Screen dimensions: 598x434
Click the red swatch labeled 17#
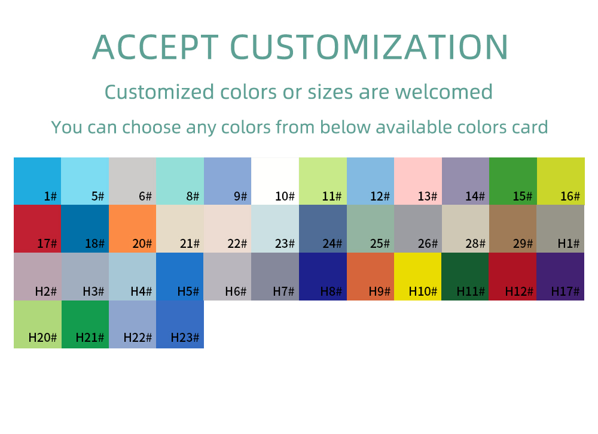point(37,229)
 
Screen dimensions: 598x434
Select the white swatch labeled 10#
point(275,181)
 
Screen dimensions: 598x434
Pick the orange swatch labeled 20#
point(132,229)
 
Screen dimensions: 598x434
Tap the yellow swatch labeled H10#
point(417,277)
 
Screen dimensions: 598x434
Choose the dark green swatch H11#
point(465,277)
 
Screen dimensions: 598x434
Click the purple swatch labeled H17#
point(560,277)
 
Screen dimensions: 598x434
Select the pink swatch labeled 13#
point(418,181)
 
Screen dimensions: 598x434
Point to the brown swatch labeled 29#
point(513,229)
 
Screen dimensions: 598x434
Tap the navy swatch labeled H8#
point(323,277)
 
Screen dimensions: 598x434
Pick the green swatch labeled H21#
point(85,324)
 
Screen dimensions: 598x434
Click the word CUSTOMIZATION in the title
point(369,47)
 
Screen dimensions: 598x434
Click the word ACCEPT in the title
point(155,47)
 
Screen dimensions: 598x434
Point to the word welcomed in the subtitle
point(444,92)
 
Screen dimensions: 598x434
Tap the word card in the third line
point(530,127)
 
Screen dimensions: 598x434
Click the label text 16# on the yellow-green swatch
point(570,196)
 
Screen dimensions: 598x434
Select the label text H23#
point(185,338)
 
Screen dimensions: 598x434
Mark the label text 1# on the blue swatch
point(50,196)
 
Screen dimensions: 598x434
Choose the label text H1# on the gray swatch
point(569,244)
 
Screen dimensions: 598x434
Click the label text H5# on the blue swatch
point(188,292)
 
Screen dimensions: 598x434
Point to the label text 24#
point(332,244)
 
